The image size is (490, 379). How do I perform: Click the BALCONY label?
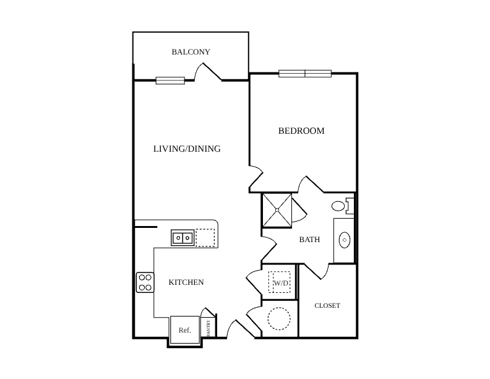click(191, 51)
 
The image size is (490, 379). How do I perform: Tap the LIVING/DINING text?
click(187, 149)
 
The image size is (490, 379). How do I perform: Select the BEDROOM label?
click(301, 131)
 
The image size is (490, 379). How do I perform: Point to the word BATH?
click(309, 240)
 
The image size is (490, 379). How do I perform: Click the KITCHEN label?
click(186, 282)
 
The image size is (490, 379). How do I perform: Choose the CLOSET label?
click(327, 305)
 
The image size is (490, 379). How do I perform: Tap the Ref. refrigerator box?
click(185, 330)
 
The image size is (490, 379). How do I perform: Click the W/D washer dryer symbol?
click(280, 282)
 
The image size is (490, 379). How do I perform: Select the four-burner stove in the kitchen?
click(145, 282)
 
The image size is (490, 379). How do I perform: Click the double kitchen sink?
click(183, 238)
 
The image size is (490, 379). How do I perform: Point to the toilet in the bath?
click(343, 206)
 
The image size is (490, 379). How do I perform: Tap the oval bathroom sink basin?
click(345, 240)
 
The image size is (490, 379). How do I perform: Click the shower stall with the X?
click(277, 210)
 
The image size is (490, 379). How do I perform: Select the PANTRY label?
click(208, 328)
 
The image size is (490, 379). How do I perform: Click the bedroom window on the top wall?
click(305, 74)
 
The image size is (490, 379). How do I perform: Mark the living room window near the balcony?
click(170, 81)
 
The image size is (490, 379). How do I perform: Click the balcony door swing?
click(208, 72)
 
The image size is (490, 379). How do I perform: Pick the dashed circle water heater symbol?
click(279, 319)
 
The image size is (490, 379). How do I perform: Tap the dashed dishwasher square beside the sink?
click(205, 238)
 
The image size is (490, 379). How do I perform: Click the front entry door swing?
click(240, 329)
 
